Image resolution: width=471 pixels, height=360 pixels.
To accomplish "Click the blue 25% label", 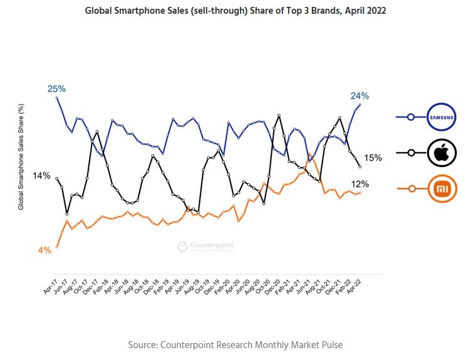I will click(x=56, y=89).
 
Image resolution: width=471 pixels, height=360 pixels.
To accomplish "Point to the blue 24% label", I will click(x=360, y=96).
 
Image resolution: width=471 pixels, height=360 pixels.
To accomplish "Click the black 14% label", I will click(x=41, y=175).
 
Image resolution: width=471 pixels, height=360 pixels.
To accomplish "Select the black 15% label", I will click(x=373, y=158).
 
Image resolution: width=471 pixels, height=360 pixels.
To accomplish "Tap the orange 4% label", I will click(x=44, y=250).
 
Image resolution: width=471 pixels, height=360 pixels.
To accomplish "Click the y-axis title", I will click(x=21, y=165).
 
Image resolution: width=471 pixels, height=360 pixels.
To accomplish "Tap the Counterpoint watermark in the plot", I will click(x=205, y=246).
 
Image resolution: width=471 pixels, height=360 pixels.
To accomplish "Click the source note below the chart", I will click(x=235, y=345).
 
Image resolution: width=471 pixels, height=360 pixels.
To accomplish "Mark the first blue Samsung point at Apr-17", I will click(x=57, y=98).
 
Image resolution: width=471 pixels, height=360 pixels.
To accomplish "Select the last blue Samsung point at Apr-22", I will click(x=360, y=105).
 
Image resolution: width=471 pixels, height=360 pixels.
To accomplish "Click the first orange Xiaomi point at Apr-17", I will click(x=57, y=247).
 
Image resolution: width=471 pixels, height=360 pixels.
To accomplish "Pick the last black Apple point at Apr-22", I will click(x=360, y=167).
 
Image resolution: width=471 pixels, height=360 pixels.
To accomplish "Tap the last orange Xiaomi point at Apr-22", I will click(x=360, y=193).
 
